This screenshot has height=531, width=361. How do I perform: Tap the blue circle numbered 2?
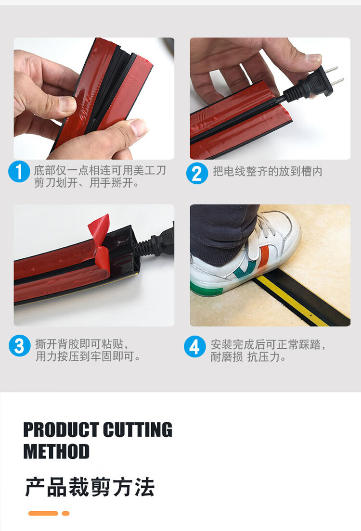click(197, 173)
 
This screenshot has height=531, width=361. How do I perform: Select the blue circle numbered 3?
click(19, 345)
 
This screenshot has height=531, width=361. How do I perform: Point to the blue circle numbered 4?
click(194, 346)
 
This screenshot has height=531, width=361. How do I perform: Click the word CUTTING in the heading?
click(138, 430)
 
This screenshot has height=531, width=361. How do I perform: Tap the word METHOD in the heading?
click(56, 451)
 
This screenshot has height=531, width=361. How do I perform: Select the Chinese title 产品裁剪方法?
click(90, 487)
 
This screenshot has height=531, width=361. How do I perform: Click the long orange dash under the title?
click(43, 513)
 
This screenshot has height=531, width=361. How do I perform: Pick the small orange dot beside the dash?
click(66, 513)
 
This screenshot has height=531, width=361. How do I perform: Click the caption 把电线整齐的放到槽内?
click(268, 171)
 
